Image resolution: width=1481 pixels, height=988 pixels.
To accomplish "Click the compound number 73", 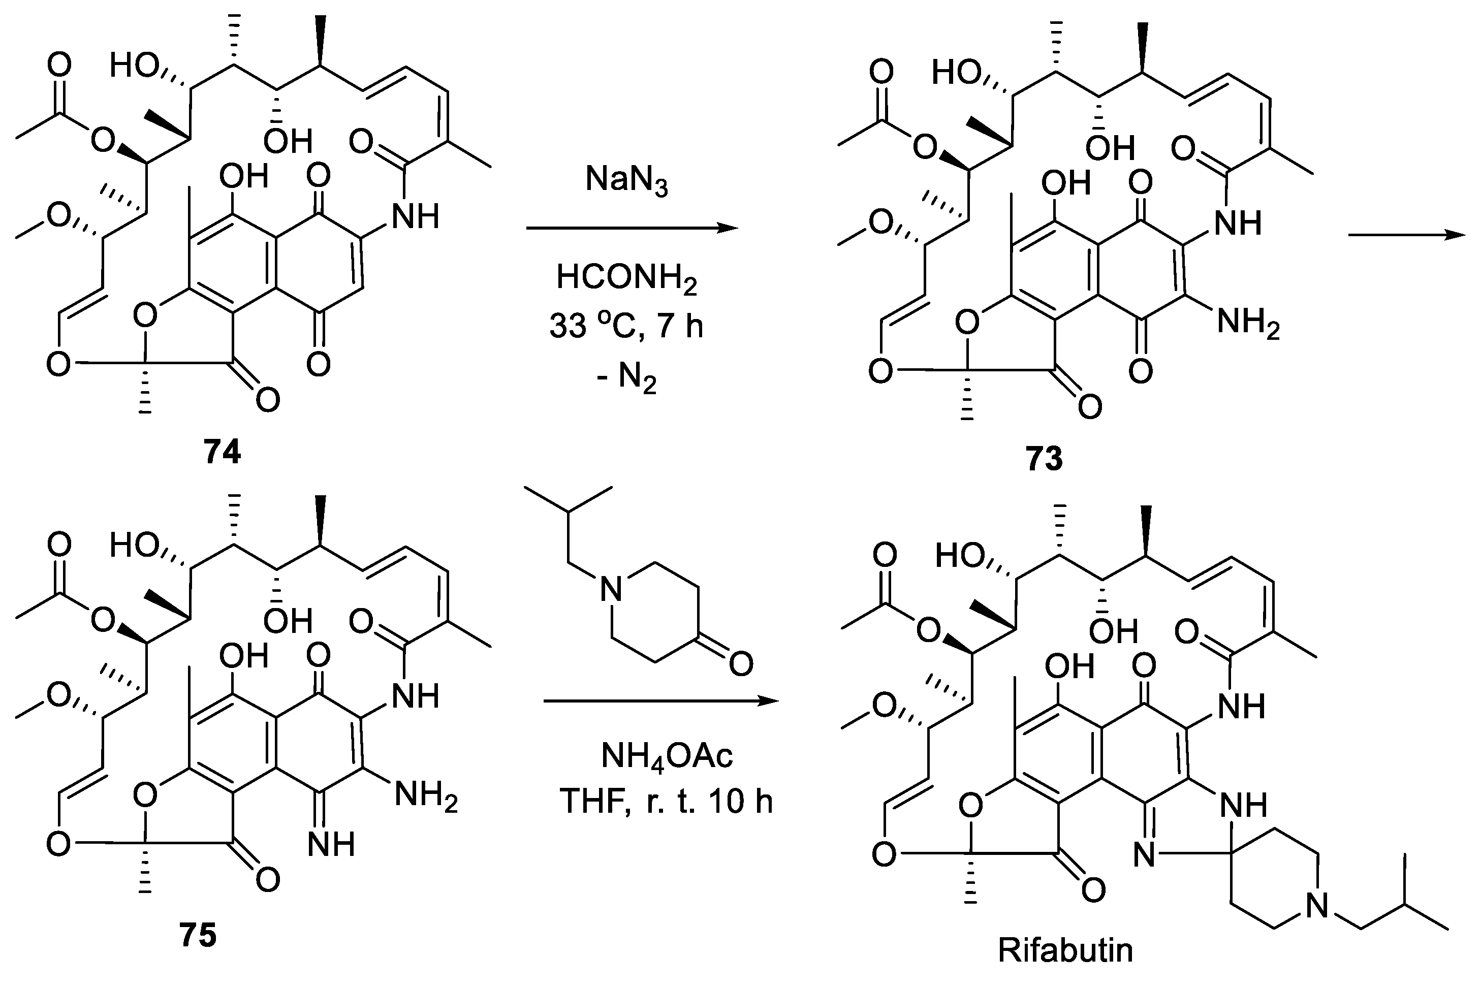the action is coord(1044,458).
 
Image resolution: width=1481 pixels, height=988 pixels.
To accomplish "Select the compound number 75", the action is coord(198,935).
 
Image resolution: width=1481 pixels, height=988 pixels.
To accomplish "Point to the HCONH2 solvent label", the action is coord(626,278).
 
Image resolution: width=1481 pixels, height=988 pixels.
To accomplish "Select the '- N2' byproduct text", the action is coord(626,378).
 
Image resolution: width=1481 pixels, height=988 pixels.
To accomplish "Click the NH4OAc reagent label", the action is coord(667,756).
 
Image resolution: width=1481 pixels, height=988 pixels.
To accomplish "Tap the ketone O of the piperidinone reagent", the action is coord(741,663).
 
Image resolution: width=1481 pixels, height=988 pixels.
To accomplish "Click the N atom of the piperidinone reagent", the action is coord(610,590).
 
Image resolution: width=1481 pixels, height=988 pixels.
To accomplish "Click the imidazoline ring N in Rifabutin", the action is coord(1145,856).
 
